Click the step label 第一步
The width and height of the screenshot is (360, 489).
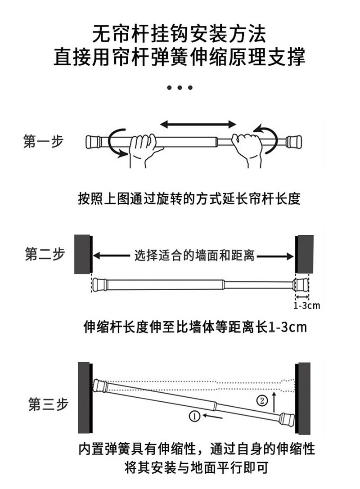[x=44, y=141]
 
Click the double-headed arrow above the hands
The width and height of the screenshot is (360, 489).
[x=198, y=124]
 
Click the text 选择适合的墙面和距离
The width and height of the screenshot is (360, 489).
[x=194, y=256]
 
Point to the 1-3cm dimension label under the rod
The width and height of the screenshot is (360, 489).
[x=306, y=306]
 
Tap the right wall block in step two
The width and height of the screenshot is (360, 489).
[x=304, y=254]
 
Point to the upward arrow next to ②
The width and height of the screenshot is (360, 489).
[x=275, y=402]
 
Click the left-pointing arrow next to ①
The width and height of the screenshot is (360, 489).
[x=212, y=417]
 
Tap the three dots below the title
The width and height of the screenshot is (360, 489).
[x=180, y=87]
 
